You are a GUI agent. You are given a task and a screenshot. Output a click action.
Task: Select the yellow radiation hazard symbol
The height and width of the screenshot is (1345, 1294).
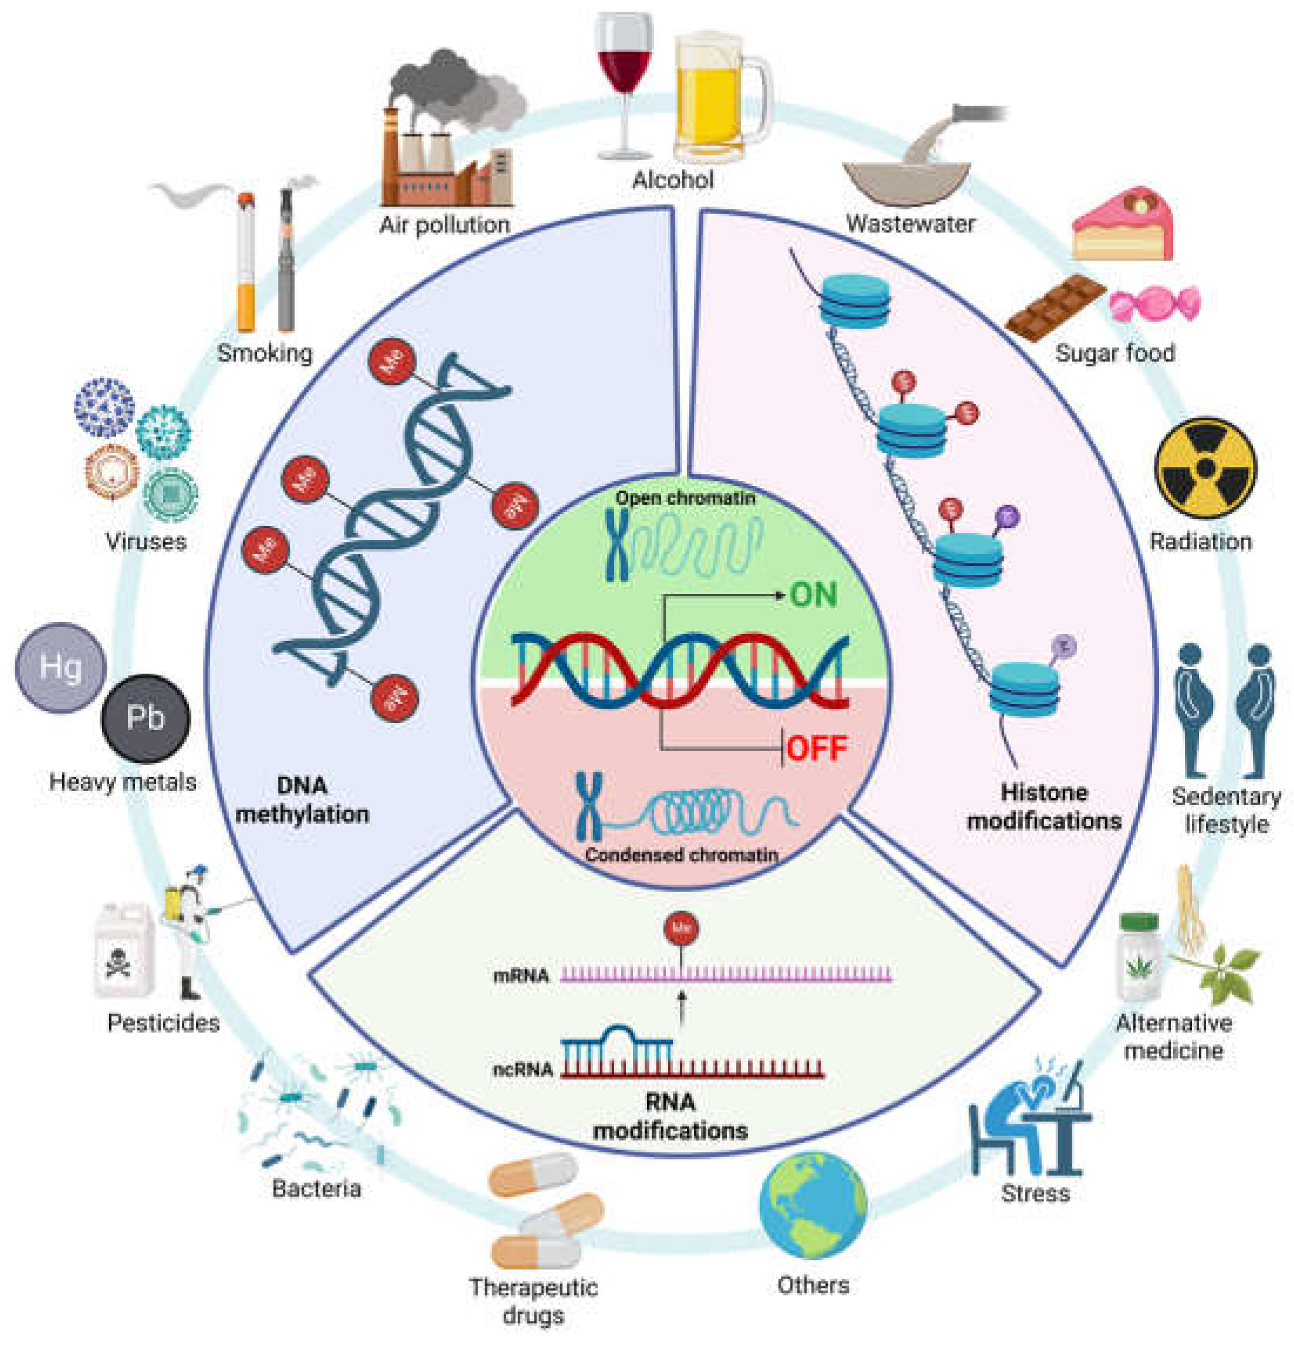click(x=1205, y=469)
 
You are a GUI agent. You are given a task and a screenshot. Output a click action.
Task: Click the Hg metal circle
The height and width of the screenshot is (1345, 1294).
click(x=61, y=667)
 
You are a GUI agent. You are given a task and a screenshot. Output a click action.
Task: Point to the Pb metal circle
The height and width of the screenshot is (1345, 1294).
click(x=145, y=718)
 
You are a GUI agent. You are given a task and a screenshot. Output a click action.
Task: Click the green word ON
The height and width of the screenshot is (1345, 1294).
click(x=813, y=595)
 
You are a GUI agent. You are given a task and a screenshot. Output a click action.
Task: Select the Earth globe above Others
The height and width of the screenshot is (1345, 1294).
click(x=812, y=1206)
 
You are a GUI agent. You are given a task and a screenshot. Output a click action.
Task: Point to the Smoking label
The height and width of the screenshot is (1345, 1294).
click(x=265, y=353)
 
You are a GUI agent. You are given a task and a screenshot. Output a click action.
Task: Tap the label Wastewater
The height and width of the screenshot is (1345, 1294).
click(x=910, y=224)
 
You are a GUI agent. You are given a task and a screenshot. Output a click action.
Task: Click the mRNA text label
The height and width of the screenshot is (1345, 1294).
click(x=521, y=975)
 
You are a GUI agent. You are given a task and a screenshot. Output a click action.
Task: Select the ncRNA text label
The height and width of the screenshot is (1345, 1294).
click(x=523, y=1069)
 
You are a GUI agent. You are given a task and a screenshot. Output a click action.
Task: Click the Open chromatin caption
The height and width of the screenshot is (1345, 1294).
click(x=685, y=498)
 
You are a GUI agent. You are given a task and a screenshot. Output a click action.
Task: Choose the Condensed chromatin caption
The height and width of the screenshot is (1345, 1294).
click(x=681, y=855)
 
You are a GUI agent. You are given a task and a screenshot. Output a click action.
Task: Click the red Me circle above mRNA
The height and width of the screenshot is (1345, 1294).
click(x=681, y=928)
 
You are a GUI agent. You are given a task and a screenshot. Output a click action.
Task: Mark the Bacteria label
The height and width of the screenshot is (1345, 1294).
click(x=316, y=1188)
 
